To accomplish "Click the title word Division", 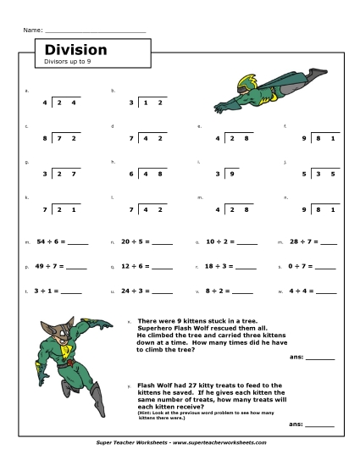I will tap(75, 50).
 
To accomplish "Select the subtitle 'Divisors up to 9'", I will tap(67, 62).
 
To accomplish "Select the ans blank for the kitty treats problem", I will tap(319, 424).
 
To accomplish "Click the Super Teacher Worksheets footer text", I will tap(180, 442).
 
